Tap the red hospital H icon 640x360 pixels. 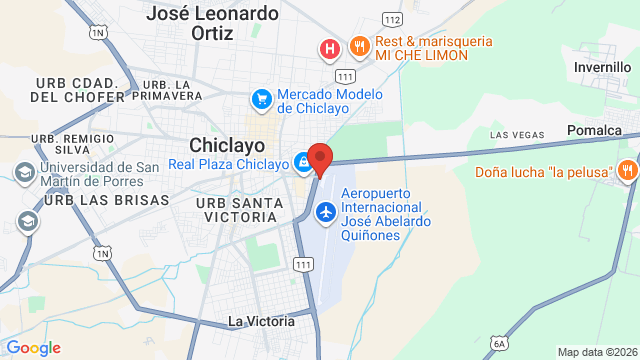tap(328, 47)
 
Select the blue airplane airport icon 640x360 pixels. tap(325, 212)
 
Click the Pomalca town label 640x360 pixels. tap(594, 130)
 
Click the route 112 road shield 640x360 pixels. tap(393, 20)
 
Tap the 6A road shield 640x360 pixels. tap(499, 343)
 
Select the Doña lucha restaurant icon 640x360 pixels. tap(627, 171)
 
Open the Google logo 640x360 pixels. tap(33, 347)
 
